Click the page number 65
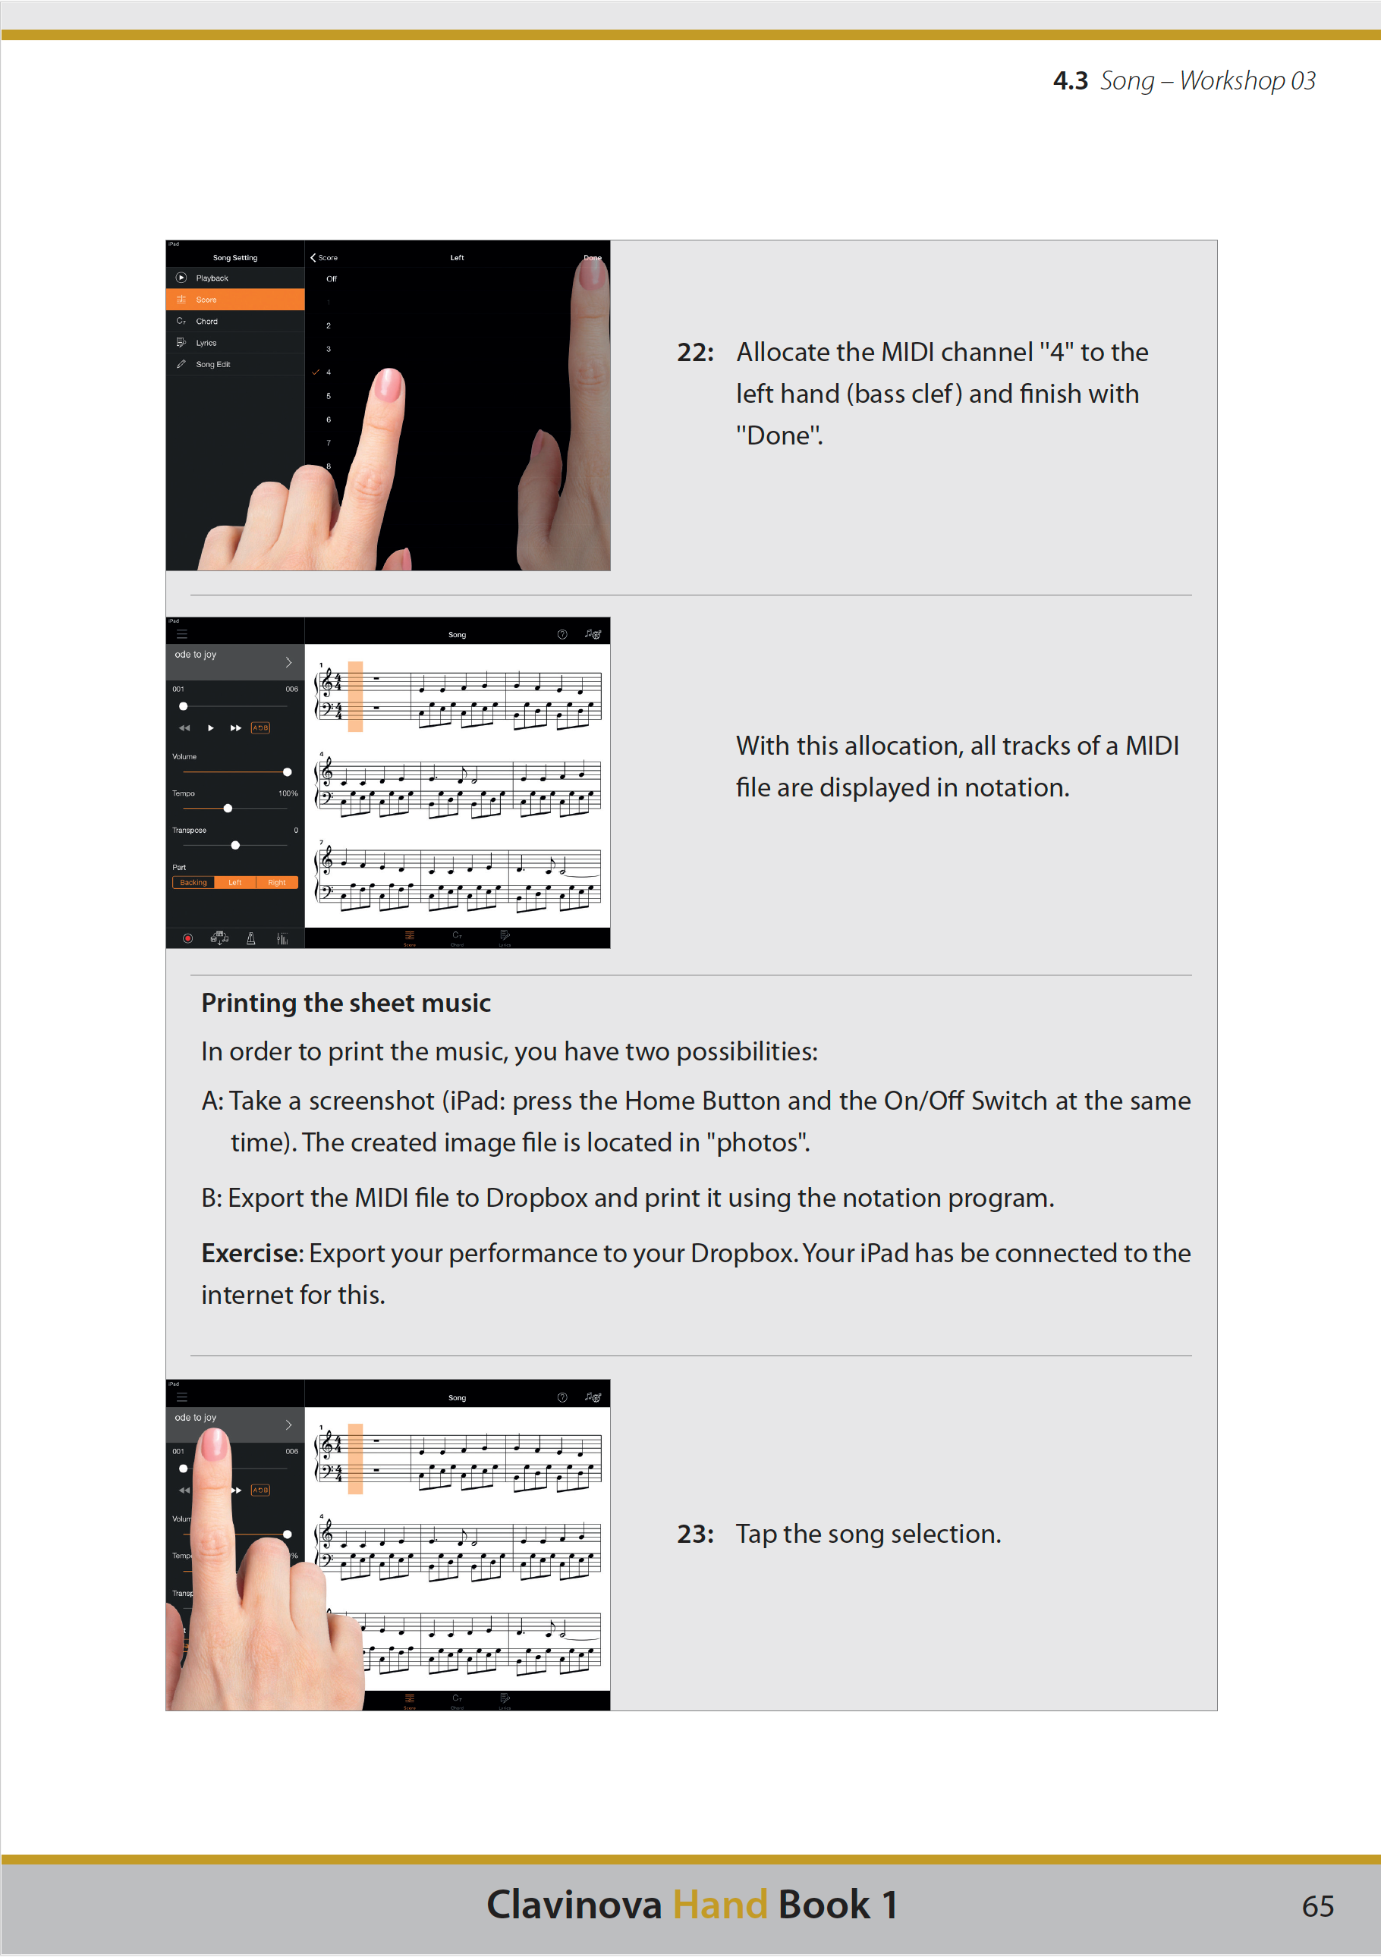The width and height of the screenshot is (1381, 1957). [1317, 1906]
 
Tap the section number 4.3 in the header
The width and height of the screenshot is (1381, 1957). [1070, 81]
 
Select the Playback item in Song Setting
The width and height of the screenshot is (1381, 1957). [212, 278]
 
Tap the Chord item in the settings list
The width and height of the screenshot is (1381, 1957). [207, 322]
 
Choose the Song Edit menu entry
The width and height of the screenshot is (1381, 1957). [213, 364]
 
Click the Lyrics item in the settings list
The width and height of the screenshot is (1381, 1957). [206, 343]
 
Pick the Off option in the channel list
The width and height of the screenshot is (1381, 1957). [332, 278]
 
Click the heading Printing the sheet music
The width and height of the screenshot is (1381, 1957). [345, 1004]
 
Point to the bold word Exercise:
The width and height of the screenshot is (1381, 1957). [251, 1253]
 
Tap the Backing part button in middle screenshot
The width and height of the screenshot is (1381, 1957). [193, 882]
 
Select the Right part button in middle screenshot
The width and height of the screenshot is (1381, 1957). [276, 882]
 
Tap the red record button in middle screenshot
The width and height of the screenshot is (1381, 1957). [187, 938]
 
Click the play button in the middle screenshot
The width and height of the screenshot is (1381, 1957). [210, 728]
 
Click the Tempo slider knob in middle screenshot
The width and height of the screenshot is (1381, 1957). [228, 808]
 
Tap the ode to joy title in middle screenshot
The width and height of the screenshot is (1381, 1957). [196, 655]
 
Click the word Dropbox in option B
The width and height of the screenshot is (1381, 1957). [536, 1198]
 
